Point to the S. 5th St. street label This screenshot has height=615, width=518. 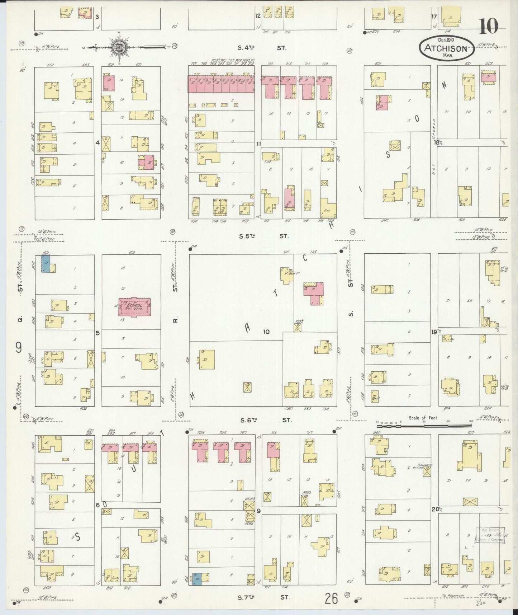(263, 236)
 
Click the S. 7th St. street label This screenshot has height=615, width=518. (264, 597)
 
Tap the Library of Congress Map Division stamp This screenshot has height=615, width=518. (490, 535)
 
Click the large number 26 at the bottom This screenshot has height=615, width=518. (332, 598)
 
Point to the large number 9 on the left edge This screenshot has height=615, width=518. (19, 347)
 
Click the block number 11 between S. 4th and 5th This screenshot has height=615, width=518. (258, 144)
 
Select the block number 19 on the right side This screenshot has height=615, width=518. (434, 332)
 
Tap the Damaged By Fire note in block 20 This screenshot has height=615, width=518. (426, 466)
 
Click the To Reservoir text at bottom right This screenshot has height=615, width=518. (453, 596)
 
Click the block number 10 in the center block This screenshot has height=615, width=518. (266, 332)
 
